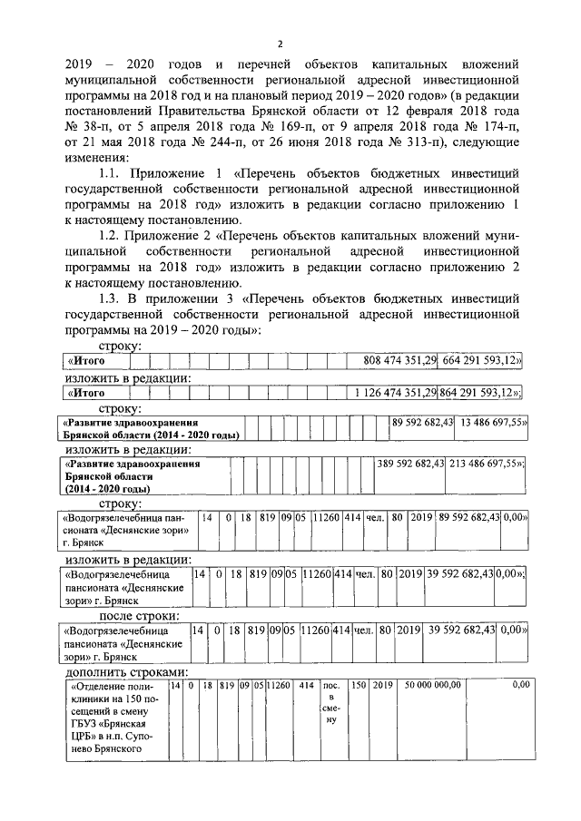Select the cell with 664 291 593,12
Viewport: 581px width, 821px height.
(x=482, y=361)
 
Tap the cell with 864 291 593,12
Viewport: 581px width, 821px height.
(x=481, y=393)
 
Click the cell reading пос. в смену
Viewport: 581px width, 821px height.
(x=331, y=703)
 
